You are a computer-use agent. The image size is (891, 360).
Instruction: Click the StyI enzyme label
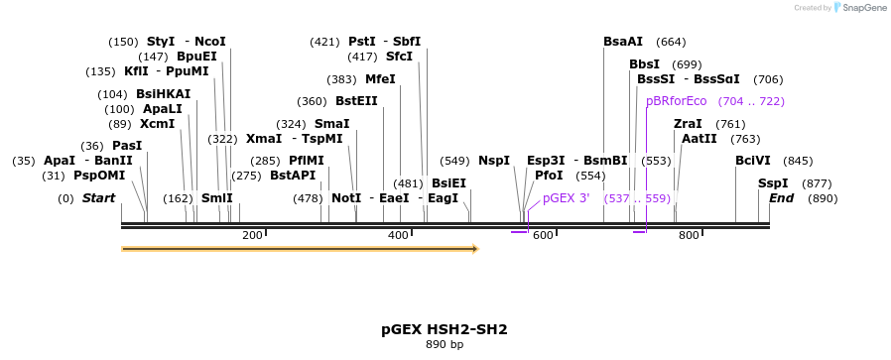click(x=161, y=42)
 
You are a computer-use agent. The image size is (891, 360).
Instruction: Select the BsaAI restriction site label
click(x=623, y=42)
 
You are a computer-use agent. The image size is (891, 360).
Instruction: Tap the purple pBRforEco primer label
click(x=677, y=101)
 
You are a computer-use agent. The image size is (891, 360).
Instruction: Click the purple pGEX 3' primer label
click(x=566, y=198)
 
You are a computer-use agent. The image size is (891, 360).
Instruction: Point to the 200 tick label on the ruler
click(x=252, y=235)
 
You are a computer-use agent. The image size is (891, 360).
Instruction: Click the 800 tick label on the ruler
click(x=689, y=235)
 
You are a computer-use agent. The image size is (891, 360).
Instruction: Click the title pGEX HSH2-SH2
click(x=445, y=329)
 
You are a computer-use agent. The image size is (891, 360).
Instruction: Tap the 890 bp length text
click(x=445, y=345)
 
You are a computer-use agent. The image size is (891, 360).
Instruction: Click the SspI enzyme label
click(x=773, y=183)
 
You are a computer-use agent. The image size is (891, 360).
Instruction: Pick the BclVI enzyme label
click(x=752, y=161)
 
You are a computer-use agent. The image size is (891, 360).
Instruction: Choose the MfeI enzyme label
click(x=380, y=79)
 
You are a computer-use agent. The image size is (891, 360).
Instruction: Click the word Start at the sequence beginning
click(x=98, y=198)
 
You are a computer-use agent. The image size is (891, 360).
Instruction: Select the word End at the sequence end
click(x=782, y=198)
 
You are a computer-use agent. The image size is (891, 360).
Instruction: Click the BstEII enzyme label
click(x=356, y=101)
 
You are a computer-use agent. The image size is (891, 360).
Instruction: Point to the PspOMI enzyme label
click(x=99, y=176)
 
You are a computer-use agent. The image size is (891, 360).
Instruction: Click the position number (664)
click(x=671, y=42)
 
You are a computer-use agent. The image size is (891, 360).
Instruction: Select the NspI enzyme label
click(x=493, y=161)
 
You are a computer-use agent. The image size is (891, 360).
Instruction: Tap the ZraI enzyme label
click(x=688, y=124)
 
